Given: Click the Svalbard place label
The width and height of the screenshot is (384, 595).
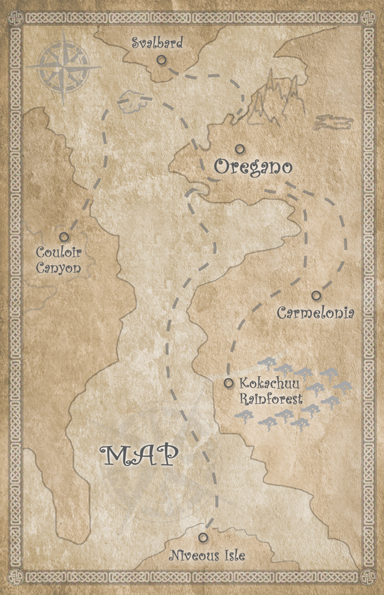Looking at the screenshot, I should point(156,44).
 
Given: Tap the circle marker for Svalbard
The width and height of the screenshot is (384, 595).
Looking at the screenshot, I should point(161,59).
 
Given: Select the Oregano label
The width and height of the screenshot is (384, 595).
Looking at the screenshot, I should point(252,167).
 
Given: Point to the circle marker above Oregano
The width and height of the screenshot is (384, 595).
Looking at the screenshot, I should point(240,149).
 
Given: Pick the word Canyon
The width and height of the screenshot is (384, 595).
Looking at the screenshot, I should point(59,268).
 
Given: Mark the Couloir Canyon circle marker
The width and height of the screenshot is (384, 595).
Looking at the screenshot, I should point(64,237).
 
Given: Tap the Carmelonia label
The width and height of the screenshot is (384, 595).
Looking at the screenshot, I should point(315,312).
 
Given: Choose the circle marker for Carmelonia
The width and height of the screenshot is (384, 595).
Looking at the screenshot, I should point(317,296).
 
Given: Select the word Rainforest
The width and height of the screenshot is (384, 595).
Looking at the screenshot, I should point(271,399).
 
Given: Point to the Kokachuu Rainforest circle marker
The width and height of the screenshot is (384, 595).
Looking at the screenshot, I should point(228,383).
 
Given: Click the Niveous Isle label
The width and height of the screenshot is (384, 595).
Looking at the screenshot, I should point(207,555).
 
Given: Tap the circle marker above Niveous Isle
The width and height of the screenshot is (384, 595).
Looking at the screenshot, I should point(203,537).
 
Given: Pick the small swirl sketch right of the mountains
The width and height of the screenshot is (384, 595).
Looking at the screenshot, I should point(335,122).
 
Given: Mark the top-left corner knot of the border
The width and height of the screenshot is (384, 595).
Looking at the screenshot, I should point(16,16).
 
